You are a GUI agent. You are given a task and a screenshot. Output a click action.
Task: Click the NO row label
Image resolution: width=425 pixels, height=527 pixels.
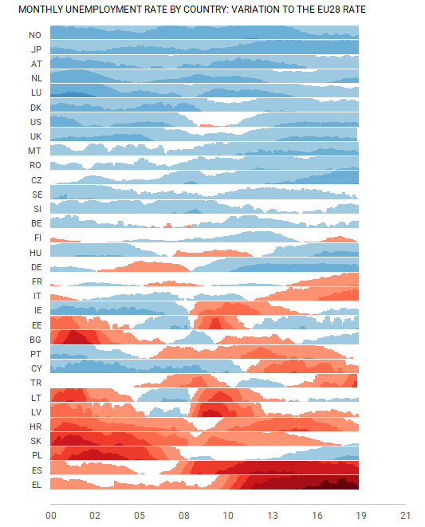pyautogui.click(x=35, y=35)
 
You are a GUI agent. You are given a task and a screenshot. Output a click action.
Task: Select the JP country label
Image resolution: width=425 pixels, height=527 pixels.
pyautogui.click(x=36, y=49)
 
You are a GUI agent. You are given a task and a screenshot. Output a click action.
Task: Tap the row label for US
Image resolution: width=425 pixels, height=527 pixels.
pyautogui.click(x=36, y=122)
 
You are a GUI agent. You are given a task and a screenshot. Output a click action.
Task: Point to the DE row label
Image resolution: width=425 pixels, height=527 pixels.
pyautogui.click(x=37, y=267)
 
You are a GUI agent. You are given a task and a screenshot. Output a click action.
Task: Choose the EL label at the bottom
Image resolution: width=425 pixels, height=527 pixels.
pyautogui.click(x=37, y=485)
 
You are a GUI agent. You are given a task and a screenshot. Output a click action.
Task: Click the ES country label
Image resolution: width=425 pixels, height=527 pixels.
pyautogui.click(x=37, y=470)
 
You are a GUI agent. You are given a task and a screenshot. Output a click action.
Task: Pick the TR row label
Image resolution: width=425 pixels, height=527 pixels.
pyautogui.click(x=36, y=383)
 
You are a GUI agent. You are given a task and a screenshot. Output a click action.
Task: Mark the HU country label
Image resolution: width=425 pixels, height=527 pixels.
pyautogui.click(x=35, y=253)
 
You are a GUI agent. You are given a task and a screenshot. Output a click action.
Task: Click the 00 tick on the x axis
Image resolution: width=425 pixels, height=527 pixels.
pyautogui.click(x=51, y=516)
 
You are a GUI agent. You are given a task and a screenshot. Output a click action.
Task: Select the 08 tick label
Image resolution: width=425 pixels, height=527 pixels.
pyautogui.click(x=184, y=516)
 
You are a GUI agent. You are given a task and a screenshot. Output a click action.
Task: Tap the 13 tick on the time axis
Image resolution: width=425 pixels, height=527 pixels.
pyautogui.click(x=273, y=516)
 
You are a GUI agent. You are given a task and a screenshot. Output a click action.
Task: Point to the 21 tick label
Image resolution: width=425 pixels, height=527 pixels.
pyautogui.click(x=406, y=516)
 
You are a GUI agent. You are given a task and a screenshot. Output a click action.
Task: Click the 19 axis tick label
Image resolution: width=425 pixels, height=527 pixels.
pyautogui.click(x=361, y=516)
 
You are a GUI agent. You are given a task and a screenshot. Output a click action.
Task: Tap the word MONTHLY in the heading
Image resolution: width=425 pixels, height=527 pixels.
pyautogui.click(x=41, y=10)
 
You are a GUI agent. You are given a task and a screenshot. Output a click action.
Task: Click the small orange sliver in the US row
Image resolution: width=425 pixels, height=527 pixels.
pyautogui.click(x=209, y=125)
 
